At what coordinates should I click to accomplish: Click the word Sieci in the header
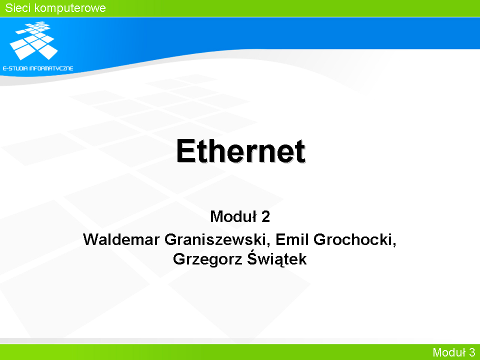click(17, 8)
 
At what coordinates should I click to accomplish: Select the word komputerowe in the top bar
click(70, 8)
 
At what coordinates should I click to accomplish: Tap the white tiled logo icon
click(33, 40)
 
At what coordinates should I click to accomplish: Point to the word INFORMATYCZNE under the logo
click(51, 68)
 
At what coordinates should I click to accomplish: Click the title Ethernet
click(240, 151)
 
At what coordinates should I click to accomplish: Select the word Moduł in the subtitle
click(233, 216)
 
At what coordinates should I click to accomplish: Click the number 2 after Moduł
click(265, 216)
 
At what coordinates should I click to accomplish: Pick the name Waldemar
click(121, 239)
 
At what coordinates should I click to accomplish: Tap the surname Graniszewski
click(215, 239)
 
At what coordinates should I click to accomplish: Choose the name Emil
click(292, 239)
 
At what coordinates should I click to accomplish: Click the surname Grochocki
click(352, 239)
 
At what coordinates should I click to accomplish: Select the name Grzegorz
click(208, 259)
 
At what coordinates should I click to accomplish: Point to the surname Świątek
click(276, 258)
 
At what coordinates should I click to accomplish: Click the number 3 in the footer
click(471, 352)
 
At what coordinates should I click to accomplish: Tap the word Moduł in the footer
click(449, 352)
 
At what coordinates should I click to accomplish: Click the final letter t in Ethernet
click(300, 151)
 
